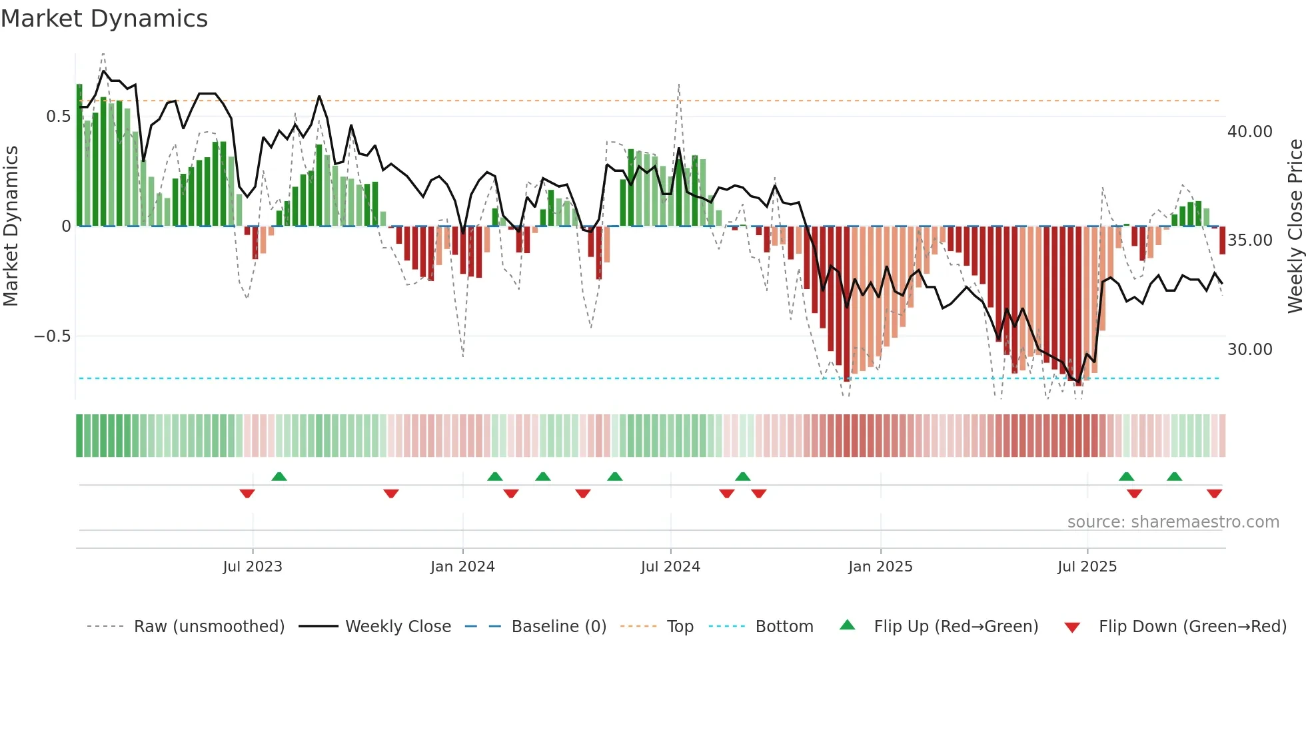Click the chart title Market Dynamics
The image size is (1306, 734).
(x=105, y=19)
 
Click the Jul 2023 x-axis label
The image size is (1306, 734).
(x=253, y=567)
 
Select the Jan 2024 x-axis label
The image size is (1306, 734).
(x=462, y=567)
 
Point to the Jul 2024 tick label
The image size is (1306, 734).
(x=670, y=567)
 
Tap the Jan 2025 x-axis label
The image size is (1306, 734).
(x=880, y=567)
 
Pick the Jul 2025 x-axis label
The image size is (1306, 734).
(x=1087, y=567)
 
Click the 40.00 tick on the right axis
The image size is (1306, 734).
(x=1249, y=132)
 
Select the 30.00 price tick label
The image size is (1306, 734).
(x=1249, y=350)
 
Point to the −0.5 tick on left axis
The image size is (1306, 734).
(x=52, y=336)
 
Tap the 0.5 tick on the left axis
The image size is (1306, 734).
(x=58, y=117)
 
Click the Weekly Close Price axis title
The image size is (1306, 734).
(x=1295, y=226)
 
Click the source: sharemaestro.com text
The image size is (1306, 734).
(x=1173, y=522)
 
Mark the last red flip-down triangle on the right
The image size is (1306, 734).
(x=1214, y=494)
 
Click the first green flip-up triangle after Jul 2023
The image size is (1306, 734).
(x=279, y=477)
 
